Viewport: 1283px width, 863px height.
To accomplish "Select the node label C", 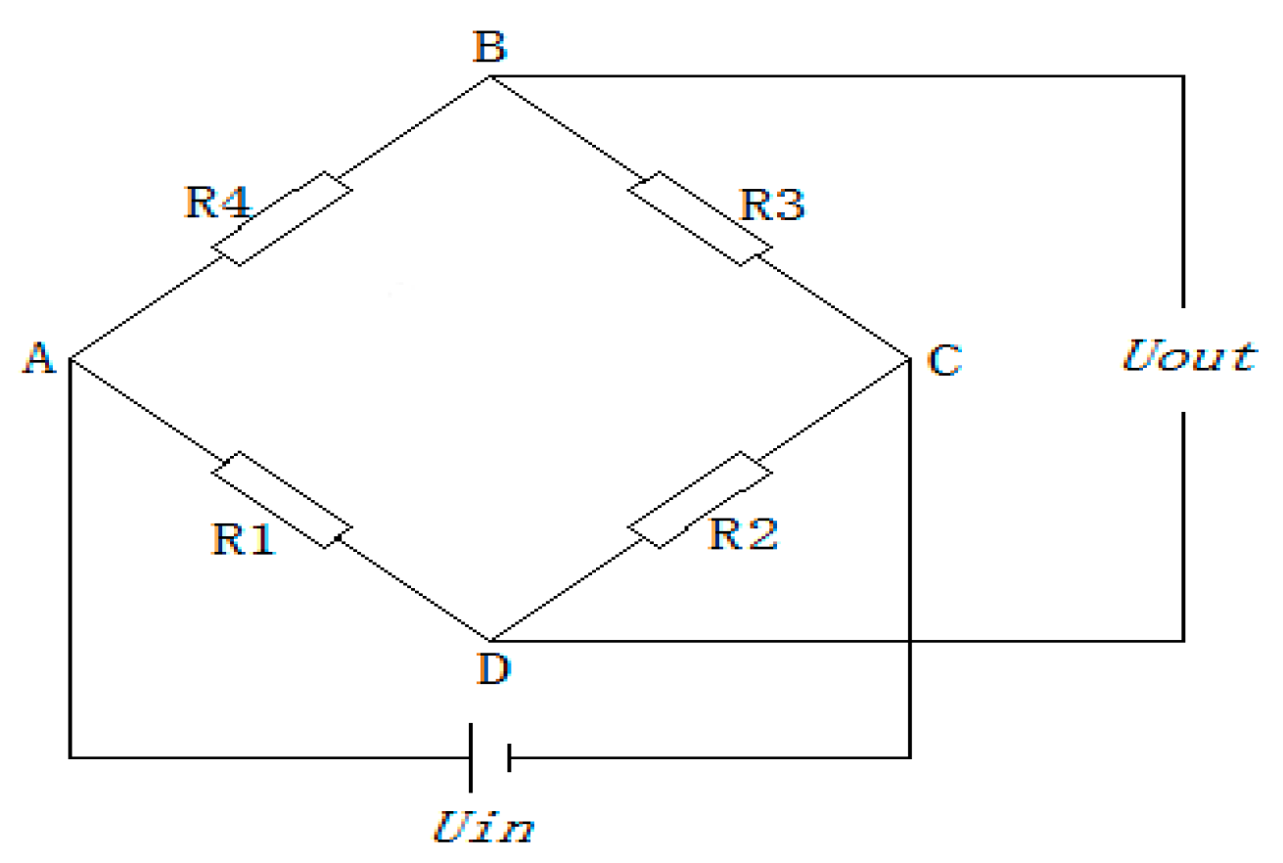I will pos(944,361).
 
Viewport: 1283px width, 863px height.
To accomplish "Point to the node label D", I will pos(491,671).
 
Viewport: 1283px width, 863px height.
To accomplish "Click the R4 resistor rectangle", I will pos(283,219).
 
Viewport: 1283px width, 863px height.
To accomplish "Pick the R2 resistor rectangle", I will pos(700,500).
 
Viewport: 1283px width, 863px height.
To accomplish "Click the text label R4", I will pos(217,203).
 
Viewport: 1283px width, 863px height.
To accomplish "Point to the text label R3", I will pos(772,204).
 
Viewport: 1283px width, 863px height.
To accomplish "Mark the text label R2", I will pos(744,533).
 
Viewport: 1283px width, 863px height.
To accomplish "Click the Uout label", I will pos(1187,357).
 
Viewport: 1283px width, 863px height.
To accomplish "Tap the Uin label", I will pos(483,829).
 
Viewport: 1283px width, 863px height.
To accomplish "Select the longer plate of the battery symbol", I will pos(472,757).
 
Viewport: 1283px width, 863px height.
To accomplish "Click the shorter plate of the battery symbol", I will pos(509,757).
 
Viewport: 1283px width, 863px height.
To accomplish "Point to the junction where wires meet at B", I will pos(489,76).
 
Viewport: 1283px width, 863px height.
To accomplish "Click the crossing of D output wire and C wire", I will pos(910,641).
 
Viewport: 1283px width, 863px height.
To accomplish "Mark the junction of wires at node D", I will pos(488,640).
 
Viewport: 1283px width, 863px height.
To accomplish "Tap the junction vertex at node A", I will pos(70,358).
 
